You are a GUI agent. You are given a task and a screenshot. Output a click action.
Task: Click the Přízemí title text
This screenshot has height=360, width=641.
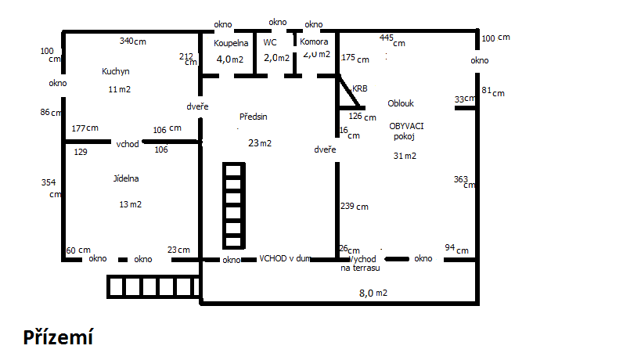[x=58, y=337]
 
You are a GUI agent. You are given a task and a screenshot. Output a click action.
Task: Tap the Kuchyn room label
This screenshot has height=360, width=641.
[x=116, y=71]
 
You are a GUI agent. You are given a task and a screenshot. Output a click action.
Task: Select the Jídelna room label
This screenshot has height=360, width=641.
[x=126, y=178]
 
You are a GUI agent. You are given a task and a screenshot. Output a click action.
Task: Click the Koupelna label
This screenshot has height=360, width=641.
[x=231, y=43]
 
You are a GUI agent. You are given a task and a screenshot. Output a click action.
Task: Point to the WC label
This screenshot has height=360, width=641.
[x=270, y=43]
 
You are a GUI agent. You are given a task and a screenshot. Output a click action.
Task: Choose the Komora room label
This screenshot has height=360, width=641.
[x=315, y=42]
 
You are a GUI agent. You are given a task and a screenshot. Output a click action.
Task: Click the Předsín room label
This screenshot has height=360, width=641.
[x=254, y=117]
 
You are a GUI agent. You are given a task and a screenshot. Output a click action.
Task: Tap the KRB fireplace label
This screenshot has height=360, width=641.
[x=360, y=89]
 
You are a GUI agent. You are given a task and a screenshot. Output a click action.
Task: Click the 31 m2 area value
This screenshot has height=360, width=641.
[x=405, y=156]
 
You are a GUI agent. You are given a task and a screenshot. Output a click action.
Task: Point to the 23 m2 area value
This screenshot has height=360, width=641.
[x=260, y=143]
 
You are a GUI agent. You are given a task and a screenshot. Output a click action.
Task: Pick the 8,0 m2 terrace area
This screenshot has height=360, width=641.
[x=373, y=293]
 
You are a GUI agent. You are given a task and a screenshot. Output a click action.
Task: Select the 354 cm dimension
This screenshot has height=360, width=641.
[x=50, y=188]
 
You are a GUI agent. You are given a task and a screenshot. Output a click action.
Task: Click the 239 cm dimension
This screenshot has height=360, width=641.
[x=355, y=207]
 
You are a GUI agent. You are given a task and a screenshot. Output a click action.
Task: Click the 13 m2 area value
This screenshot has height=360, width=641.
[x=130, y=204]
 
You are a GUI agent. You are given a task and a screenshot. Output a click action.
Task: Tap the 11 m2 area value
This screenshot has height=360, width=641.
[x=119, y=89]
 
